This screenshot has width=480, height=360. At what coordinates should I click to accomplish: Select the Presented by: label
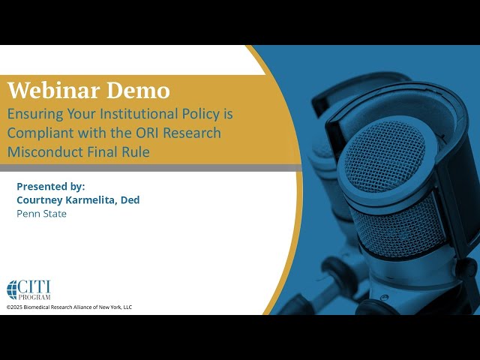click(x=50, y=185)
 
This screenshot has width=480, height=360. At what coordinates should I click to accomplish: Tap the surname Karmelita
click(x=95, y=199)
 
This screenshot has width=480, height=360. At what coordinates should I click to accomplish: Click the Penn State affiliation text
click(x=41, y=214)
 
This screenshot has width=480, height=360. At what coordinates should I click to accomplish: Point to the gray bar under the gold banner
click(x=150, y=168)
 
